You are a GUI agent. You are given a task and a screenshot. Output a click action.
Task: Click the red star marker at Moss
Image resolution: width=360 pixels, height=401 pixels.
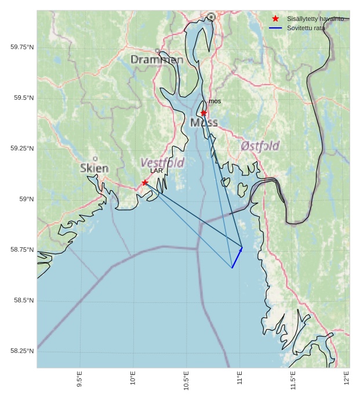click(203, 113)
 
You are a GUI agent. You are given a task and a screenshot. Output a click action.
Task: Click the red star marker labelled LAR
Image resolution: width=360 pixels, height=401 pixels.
click(145, 183)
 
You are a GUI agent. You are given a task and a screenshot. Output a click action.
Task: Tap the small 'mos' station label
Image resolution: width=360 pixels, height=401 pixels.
click(214, 102)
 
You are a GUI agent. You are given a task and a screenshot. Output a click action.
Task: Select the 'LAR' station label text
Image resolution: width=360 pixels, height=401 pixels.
click(157, 171)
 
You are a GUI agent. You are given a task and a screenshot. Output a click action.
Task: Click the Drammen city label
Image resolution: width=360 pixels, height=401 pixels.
click(157, 60)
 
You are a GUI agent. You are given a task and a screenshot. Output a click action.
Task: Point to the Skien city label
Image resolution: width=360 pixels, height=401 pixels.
click(94, 168)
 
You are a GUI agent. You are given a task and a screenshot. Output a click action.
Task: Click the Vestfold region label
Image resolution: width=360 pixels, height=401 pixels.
click(162, 163)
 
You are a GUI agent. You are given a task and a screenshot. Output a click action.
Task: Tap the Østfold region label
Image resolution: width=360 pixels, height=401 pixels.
click(260, 146)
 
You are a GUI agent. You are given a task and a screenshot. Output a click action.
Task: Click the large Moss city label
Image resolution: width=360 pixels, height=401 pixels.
click(204, 122)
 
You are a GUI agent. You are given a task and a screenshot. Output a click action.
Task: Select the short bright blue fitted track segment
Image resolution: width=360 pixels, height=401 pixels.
click(237, 258)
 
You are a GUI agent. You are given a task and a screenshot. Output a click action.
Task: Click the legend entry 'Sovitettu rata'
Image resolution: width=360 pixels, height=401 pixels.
click(306, 28)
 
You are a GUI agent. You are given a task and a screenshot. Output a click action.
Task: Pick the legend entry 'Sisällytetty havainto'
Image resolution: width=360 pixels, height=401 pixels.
click(315, 19)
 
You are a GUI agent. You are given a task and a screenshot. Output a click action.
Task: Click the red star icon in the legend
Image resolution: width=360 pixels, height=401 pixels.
click(275, 19)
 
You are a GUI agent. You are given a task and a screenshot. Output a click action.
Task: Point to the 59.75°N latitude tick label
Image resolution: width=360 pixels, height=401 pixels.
click(22, 47)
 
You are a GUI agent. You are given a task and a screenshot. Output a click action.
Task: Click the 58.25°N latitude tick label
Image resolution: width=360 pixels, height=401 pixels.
click(22, 351)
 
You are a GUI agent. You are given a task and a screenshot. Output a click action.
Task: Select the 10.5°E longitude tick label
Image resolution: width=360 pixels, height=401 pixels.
click(186, 380)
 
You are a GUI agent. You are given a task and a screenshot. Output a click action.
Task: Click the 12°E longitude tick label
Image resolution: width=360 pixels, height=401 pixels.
click(347, 378)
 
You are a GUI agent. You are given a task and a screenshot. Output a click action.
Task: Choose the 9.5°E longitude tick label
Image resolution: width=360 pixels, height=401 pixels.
click(79, 378)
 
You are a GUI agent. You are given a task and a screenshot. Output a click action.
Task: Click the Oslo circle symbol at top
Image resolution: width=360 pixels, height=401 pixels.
click(211, 17)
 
